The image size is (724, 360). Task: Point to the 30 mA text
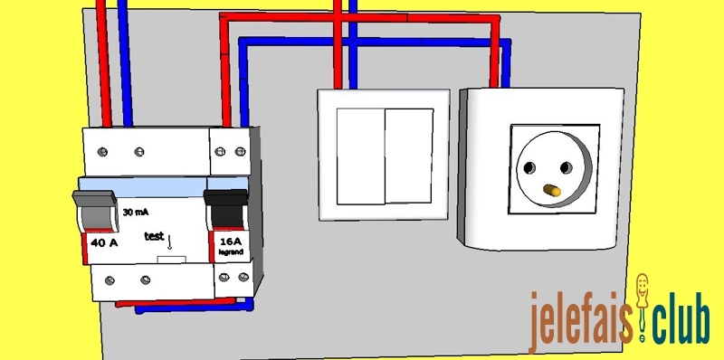coord(136,211)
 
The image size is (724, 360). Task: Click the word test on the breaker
coord(155,236)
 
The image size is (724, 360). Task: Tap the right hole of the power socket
coord(570,169)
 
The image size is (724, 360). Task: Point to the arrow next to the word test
coord(169,242)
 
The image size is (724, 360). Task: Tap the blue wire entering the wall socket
coord(506,63)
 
